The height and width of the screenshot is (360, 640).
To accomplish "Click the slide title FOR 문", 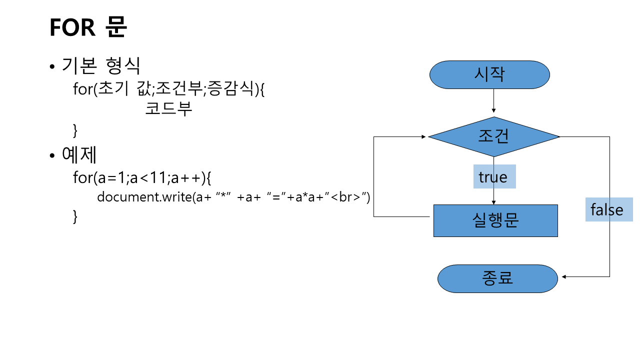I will (x=88, y=27).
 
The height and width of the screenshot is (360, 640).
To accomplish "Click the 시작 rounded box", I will (x=489, y=75).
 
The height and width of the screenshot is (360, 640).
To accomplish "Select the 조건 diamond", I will (x=493, y=136).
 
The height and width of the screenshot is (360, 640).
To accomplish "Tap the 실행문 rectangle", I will (x=495, y=220).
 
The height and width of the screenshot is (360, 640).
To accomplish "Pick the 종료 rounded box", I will (x=497, y=278).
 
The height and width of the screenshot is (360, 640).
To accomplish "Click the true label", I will (x=493, y=177).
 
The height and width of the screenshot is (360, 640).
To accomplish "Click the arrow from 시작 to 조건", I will (x=493, y=100).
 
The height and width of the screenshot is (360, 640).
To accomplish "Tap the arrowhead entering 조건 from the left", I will (x=424, y=136).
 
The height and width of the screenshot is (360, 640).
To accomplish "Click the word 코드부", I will (x=168, y=109).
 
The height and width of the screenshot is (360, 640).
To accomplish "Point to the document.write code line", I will (x=233, y=196).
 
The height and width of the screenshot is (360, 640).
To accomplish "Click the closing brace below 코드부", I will (x=75, y=130).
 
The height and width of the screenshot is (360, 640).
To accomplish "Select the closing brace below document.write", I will (x=75, y=216).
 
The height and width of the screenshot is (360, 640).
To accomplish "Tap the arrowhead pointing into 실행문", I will (x=493, y=202).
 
